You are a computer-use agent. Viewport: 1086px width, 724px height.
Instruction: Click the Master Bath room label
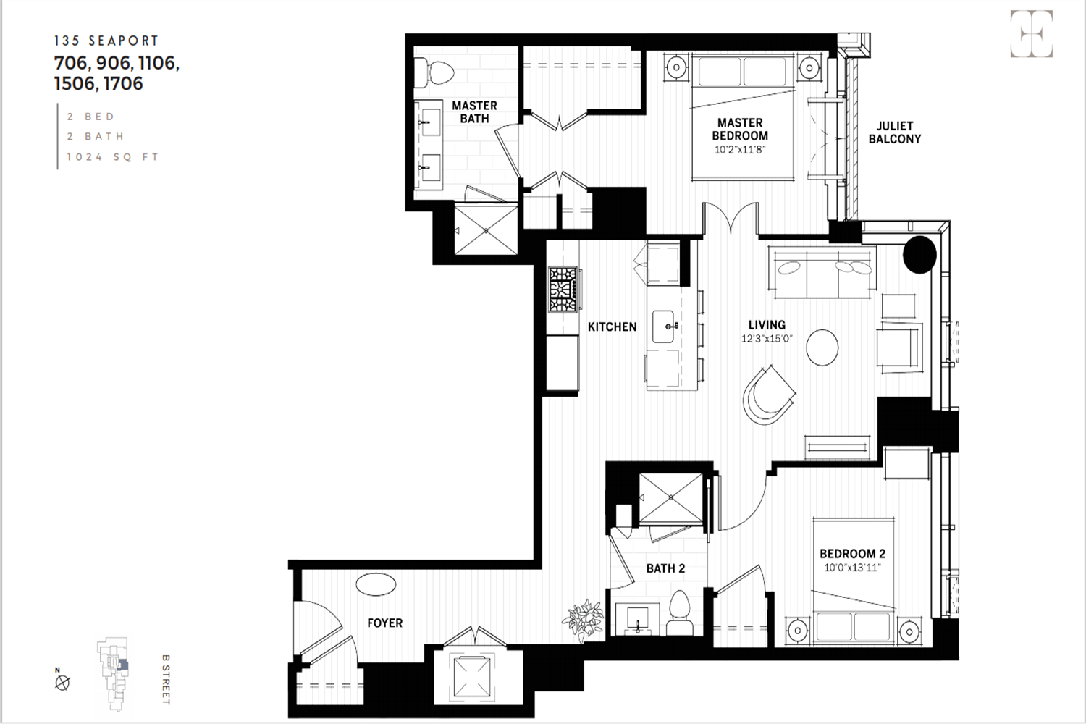(474, 112)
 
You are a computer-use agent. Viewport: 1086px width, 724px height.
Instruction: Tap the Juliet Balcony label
(894, 132)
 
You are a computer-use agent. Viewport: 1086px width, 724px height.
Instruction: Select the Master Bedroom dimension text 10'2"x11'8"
(740, 149)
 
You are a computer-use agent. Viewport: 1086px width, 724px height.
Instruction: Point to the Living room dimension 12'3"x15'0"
(767, 339)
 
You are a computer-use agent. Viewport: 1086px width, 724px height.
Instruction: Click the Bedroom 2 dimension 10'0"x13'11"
(852, 568)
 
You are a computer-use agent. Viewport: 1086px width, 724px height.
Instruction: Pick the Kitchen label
(612, 327)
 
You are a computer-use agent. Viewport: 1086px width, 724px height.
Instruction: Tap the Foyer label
(384, 623)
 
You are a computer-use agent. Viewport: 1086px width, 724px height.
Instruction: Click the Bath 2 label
(665, 568)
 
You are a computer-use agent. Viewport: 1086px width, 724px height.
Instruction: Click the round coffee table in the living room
(822, 348)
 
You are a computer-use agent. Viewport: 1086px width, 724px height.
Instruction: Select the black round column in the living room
(919, 255)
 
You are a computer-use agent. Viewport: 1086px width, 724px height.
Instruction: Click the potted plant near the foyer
(584, 620)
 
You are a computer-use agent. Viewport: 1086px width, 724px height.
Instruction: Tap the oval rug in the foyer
(376, 584)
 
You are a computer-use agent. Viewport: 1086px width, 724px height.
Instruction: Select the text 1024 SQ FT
(112, 156)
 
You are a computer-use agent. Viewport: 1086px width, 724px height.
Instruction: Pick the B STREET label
(165, 679)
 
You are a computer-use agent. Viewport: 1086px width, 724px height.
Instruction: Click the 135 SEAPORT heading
(106, 41)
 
